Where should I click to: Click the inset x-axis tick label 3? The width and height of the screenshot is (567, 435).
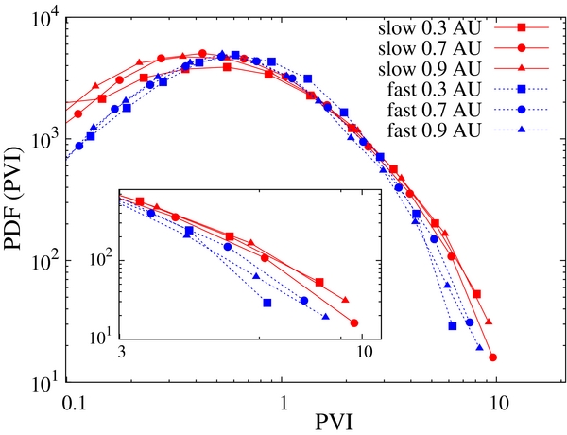point(122,353)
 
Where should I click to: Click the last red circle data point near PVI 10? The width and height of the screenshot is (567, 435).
point(493,357)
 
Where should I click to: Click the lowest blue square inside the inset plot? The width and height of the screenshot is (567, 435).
point(267,303)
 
